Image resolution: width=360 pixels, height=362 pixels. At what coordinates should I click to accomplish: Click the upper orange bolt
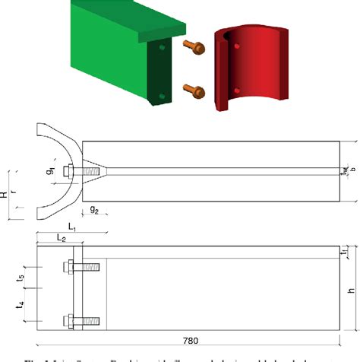193,47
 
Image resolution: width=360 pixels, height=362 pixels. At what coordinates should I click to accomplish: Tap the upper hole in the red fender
236,47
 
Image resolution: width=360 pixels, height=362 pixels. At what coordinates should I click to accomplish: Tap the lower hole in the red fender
236,90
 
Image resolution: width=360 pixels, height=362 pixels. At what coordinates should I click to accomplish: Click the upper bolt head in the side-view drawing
70,268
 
